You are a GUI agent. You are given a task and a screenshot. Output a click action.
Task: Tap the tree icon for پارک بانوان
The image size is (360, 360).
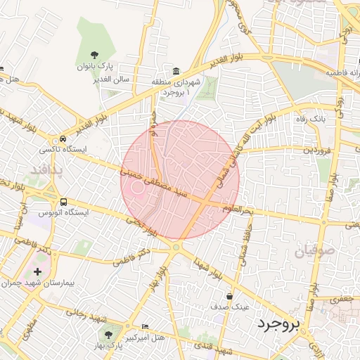(96, 54)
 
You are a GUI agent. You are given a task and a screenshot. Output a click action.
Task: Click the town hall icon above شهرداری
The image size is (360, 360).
(175, 71)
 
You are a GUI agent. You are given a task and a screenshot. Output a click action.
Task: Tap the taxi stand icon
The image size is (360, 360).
(64, 139)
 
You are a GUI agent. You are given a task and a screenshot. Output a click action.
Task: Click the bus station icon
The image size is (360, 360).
(64, 201)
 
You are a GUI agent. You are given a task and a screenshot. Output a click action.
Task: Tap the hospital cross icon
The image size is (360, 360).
(37, 271)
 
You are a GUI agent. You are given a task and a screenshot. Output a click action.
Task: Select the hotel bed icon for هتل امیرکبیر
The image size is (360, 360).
(145, 327)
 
